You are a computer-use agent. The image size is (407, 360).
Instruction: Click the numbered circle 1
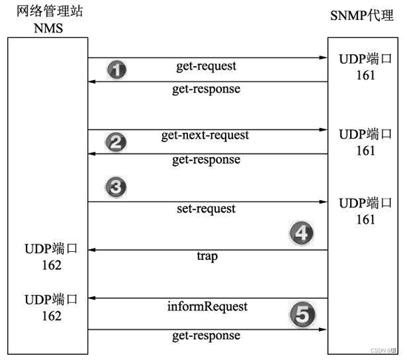(116, 70)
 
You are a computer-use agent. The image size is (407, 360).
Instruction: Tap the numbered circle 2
(115, 143)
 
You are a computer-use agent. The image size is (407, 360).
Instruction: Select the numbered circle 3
(115, 187)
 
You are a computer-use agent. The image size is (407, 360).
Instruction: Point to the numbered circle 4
(300, 235)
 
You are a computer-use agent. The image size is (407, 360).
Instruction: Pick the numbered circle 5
(300, 316)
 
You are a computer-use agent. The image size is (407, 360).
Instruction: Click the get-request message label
(206, 66)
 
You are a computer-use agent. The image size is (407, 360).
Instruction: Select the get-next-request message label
(205, 136)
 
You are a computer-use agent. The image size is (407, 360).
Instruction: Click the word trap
(206, 256)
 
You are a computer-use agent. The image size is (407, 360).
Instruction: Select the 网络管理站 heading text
(47, 14)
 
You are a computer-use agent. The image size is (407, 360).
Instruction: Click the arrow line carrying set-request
(208, 201)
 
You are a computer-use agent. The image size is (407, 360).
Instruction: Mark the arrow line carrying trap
(208, 250)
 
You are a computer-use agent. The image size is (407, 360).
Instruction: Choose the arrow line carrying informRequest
(208, 299)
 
